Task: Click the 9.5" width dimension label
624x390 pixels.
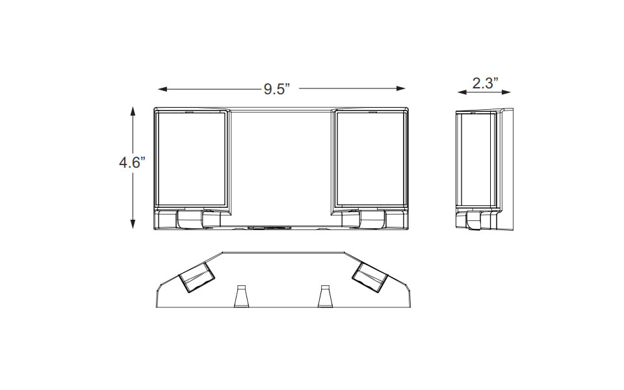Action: click(x=277, y=89)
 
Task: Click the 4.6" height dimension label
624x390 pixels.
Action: click(x=132, y=162)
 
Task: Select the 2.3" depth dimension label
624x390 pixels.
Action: click(x=485, y=83)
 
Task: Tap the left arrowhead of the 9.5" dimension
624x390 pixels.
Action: click(x=162, y=89)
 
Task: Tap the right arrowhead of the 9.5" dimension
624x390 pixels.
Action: click(x=401, y=89)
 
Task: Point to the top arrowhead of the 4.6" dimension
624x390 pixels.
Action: click(x=133, y=110)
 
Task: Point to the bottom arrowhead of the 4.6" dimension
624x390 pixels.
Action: click(x=133, y=224)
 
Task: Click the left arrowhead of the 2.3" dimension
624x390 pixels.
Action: click(x=462, y=92)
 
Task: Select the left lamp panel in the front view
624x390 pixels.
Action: click(x=191, y=160)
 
